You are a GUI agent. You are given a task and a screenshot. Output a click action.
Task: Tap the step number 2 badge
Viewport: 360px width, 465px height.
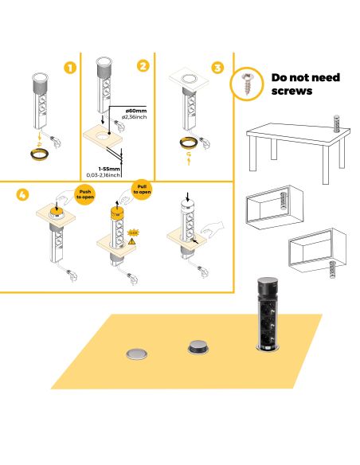(x=143, y=66)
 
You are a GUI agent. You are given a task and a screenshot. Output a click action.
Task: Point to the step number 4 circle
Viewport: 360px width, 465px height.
(x=23, y=194)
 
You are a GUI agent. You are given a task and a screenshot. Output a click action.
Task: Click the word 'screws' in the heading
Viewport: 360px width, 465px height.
(x=292, y=92)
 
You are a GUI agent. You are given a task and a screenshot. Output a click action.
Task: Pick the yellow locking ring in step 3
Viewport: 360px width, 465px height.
(x=190, y=143)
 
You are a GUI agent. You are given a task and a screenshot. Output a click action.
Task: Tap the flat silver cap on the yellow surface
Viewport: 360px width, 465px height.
(x=138, y=353)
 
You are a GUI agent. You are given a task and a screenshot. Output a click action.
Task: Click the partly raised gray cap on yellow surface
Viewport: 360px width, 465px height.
(x=197, y=346)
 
